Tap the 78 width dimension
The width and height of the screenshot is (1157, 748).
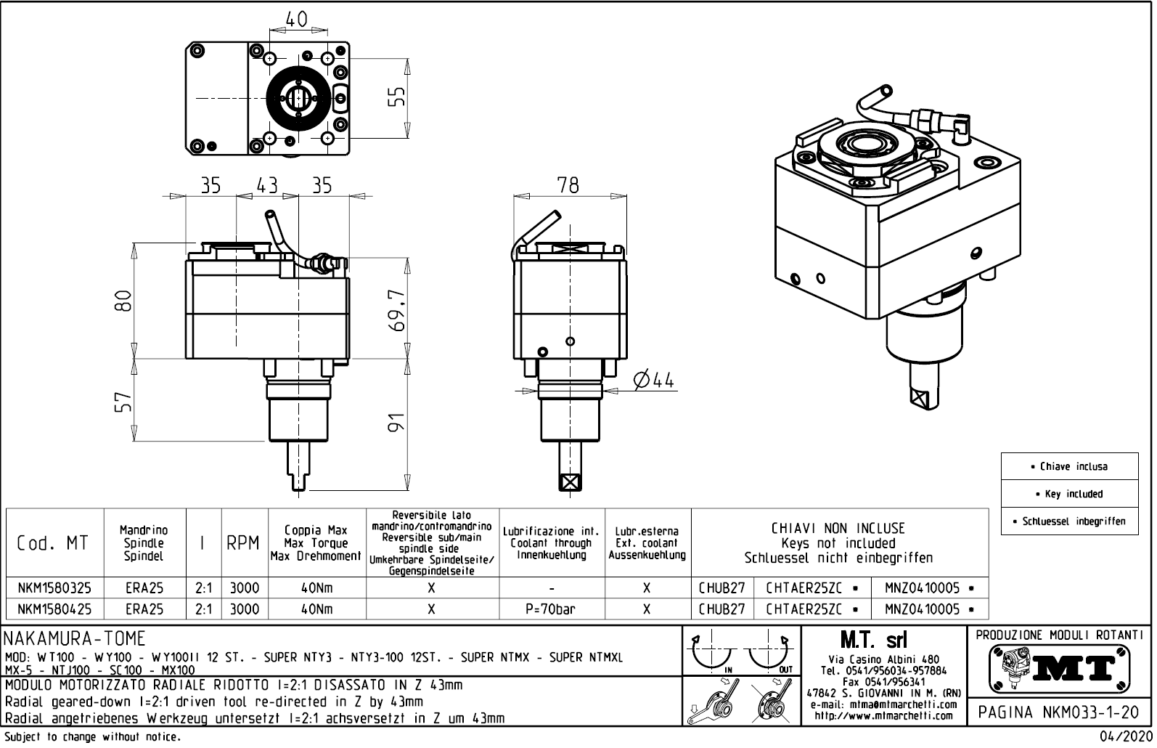(x=568, y=186)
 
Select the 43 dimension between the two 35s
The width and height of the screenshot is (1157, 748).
(x=267, y=185)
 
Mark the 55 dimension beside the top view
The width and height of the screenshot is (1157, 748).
(x=396, y=97)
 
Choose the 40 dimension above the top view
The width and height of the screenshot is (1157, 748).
(x=296, y=20)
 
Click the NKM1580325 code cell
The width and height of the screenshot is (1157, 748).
(x=54, y=588)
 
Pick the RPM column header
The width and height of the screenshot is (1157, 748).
(x=243, y=543)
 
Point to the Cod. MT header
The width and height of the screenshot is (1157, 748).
(x=52, y=543)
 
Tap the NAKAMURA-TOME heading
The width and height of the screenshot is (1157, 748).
(x=75, y=638)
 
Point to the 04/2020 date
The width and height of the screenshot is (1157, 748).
(x=1124, y=737)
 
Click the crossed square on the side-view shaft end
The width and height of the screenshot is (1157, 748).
(x=571, y=481)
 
